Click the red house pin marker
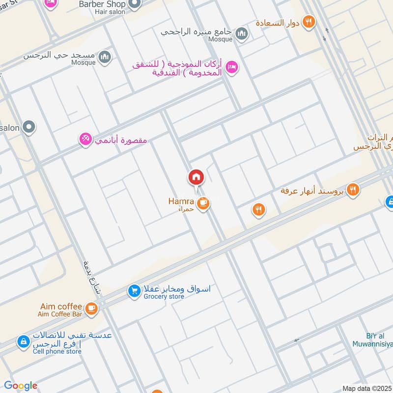(196, 177)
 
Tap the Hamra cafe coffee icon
(202, 202)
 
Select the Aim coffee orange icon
(91, 308)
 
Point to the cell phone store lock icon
(23, 342)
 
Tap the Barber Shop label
(101, 4)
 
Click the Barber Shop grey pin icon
(134, 4)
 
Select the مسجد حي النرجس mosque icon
(105, 57)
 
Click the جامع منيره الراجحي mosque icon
(241, 33)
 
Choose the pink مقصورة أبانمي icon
(85, 140)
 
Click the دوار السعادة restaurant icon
(309, 22)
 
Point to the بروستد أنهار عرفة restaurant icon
(352, 190)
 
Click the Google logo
(21, 386)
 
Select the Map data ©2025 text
(367, 388)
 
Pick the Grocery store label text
(163, 297)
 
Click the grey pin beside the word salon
(29, 128)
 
